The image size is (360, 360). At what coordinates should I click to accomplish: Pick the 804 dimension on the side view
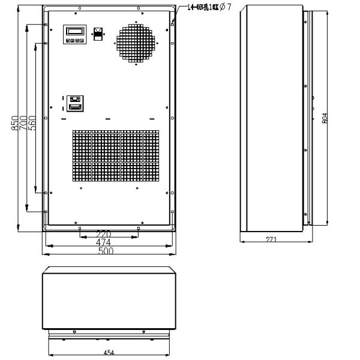click(325, 118)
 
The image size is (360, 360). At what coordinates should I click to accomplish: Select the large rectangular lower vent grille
click(116, 156)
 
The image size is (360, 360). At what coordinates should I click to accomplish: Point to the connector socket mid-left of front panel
click(75, 103)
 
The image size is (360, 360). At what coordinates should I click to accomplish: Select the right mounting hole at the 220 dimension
click(138, 229)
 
